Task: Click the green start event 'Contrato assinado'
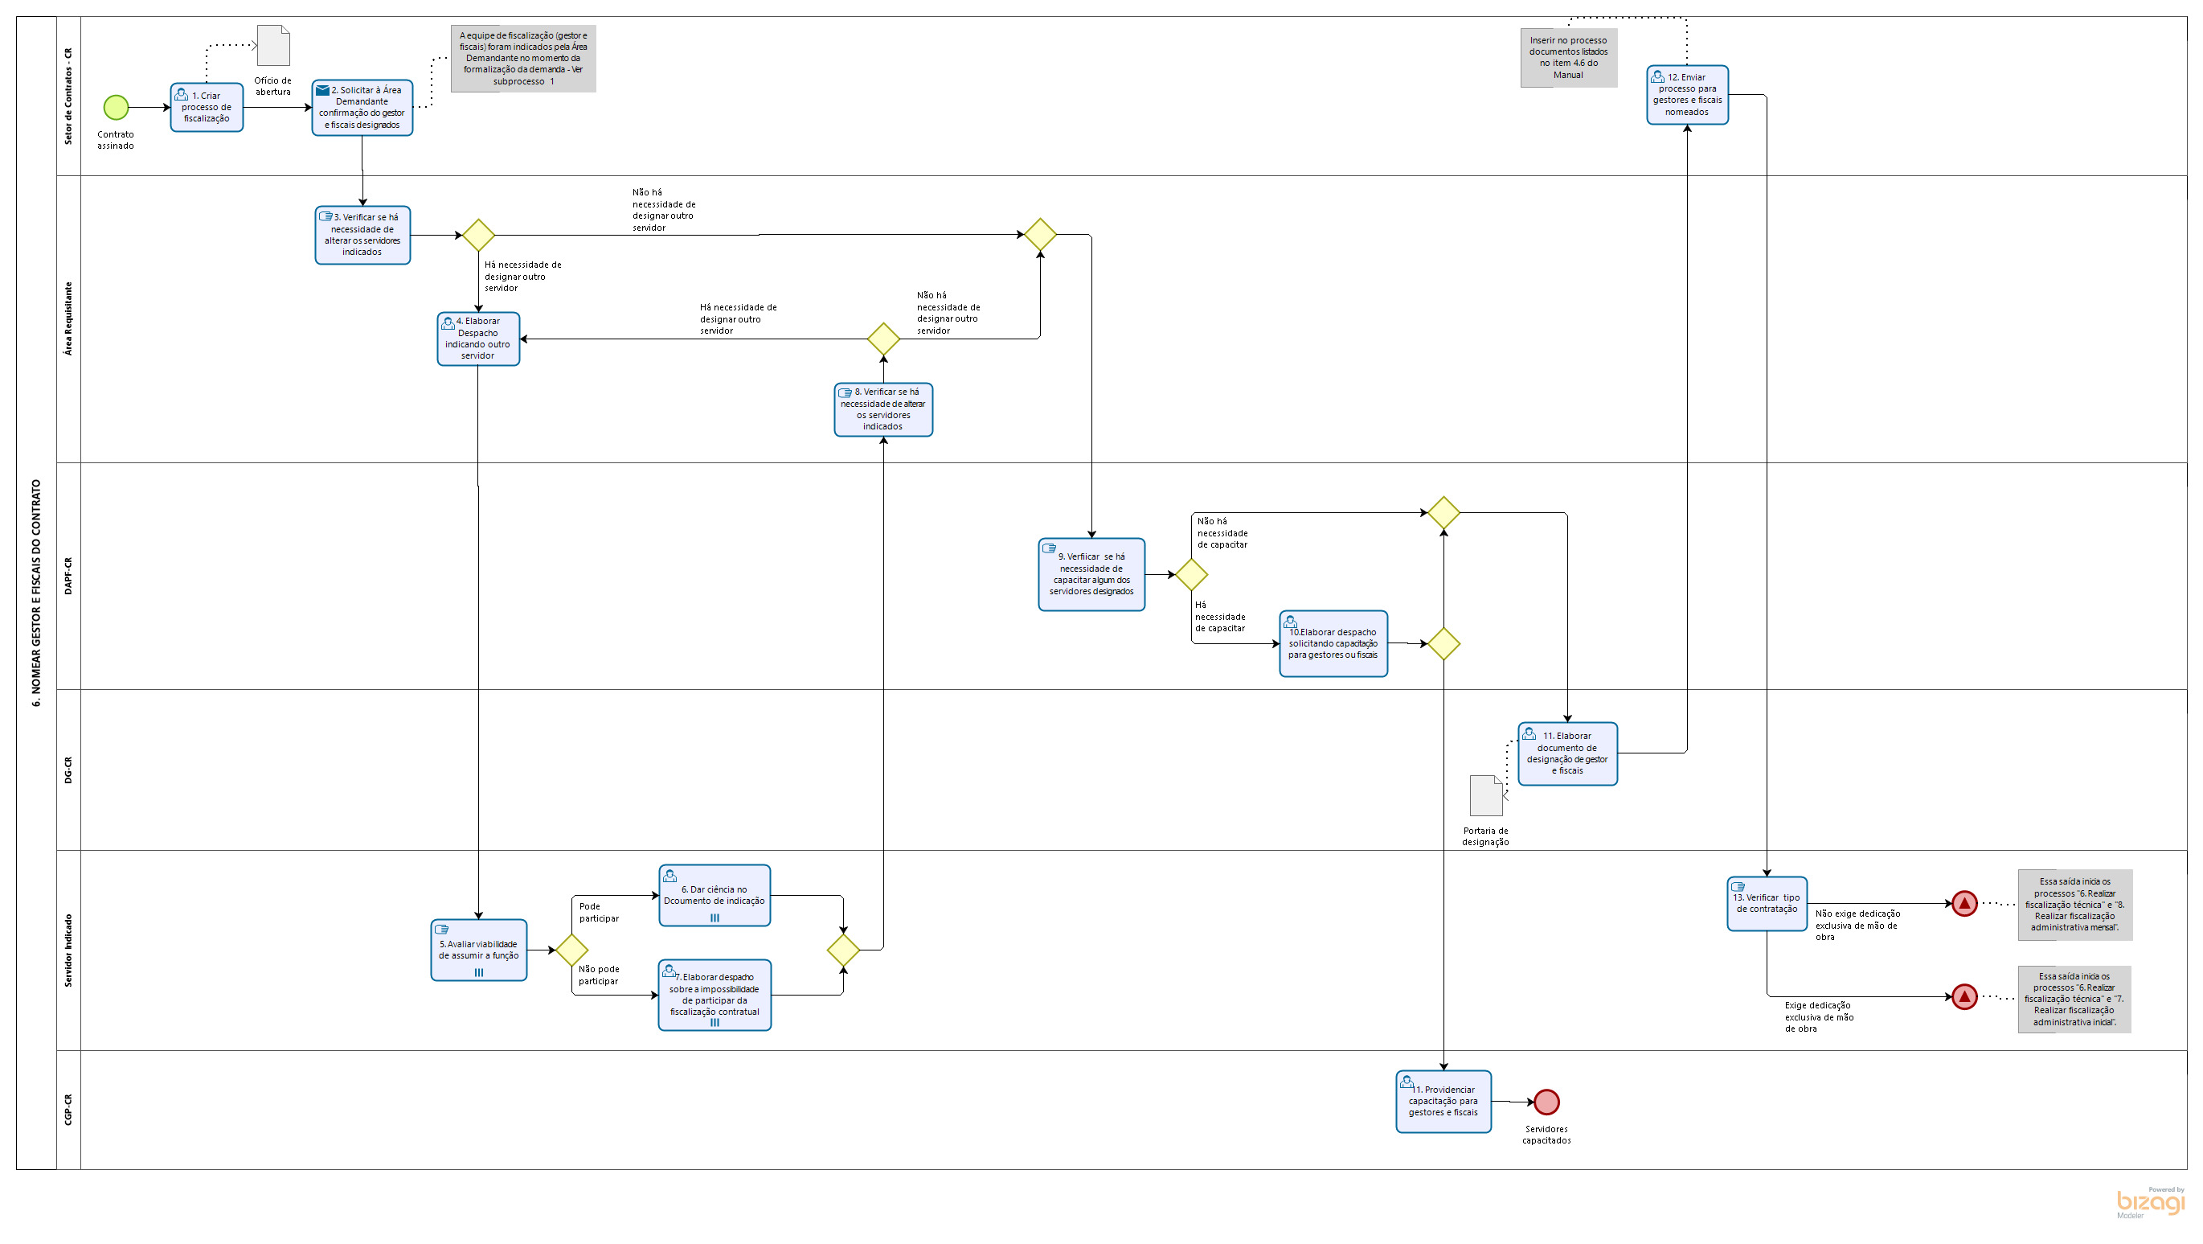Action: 116,107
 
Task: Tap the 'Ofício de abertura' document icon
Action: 272,45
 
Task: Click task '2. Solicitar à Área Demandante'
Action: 362,108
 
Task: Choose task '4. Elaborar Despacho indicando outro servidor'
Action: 478,339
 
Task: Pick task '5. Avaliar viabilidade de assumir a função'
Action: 478,950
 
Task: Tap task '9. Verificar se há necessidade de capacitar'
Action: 1091,574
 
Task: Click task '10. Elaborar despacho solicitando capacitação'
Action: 1333,643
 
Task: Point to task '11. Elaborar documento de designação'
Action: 1566,753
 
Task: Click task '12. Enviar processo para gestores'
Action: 1686,95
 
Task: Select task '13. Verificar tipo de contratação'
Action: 1766,904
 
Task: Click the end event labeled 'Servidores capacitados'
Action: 1546,1102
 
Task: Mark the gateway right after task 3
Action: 478,236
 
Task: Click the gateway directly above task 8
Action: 883,339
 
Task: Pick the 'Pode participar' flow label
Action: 598,912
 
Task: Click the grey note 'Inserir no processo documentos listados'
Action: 1567,57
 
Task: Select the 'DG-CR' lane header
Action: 68,770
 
